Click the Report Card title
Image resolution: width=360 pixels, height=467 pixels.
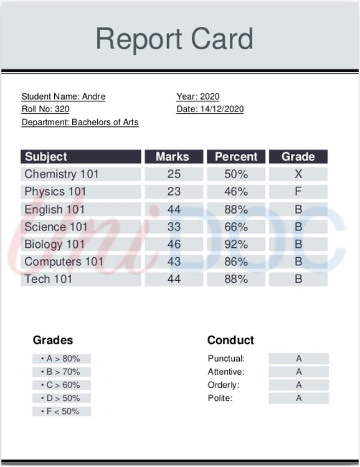[174, 39]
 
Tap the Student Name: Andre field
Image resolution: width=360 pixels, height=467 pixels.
[64, 97]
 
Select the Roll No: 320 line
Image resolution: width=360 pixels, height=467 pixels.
[45, 109]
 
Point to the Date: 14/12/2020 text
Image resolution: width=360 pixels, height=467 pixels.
[210, 109]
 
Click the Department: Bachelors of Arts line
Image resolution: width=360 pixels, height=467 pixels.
[80, 122]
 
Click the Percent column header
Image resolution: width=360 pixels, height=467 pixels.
[236, 157]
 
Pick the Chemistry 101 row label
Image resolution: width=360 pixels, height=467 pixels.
[62, 174]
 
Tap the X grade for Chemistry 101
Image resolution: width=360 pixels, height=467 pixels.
[298, 174]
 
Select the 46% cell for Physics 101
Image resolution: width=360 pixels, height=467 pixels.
[236, 192]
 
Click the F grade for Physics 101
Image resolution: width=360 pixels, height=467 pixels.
[298, 192]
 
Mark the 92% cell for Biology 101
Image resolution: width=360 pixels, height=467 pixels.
[236, 244]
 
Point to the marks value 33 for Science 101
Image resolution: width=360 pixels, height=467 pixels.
[174, 227]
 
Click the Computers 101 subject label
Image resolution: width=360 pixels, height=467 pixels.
[64, 262]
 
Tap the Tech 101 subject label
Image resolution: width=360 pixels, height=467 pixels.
[49, 279]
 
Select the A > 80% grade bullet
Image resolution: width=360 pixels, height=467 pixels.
[62, 359]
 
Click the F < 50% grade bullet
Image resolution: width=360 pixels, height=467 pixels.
[62, 412]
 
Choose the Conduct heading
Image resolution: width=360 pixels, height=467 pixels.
[230, 340]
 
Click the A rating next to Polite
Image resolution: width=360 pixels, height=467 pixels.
[299, 398]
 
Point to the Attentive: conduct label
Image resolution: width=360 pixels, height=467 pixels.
[225, 372]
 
